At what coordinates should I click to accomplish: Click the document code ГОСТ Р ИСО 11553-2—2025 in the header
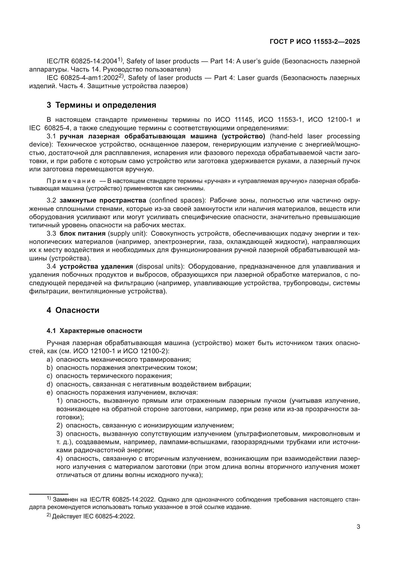[315, 42]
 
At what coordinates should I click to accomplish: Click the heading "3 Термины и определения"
[101, 105]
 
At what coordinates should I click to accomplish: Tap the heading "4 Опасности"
[73, 310]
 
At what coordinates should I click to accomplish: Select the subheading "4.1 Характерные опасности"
[94, 331]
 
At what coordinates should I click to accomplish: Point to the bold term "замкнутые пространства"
[103, 201]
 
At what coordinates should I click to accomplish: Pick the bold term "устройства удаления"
[96, 267]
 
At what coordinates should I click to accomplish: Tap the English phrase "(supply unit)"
[127, 233]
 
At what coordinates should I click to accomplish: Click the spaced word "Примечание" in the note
[71, 181]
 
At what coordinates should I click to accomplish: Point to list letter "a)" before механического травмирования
[50, 360]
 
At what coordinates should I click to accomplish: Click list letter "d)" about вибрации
[50, 384]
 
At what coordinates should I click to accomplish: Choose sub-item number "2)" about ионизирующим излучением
[59, 426]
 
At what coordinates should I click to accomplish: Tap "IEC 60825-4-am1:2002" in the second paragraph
[82, 78]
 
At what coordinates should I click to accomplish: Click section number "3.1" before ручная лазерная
[51, 136]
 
